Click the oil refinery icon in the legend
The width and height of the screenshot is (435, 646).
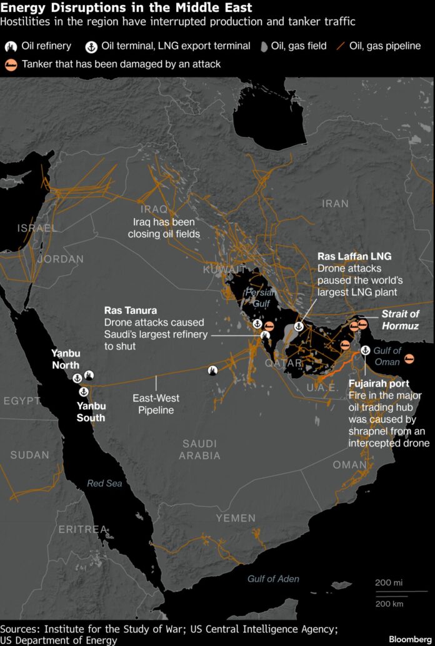pyautogui.click(x=11, y=46)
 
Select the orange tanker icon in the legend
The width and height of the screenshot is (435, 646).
pyautogui.click(x=11, y=64)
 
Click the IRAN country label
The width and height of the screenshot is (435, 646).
pyautogui.click(x=335, y=203)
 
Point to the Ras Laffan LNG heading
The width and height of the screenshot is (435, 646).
pyautogui.click(x=354, y=256)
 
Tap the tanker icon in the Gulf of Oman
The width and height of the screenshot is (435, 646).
pyautogui.click(x=410, y=358)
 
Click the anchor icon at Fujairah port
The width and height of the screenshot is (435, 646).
pyautogui.click(x=366, y=350)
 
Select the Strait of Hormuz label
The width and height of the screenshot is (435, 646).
pyautogui.click(x=400, y=320)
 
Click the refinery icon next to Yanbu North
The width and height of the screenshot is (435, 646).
pyautogui.click(x=89, y=375)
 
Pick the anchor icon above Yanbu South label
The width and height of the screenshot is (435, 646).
pyautogui.click(x=83, y=391)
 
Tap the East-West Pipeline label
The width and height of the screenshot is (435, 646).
pyautogui.click(x=156, y=404)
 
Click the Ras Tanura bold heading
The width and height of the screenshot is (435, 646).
pyautogui.click(x=131, y=310)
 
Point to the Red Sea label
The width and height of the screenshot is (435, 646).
pyautogui.click(x=104, y=483)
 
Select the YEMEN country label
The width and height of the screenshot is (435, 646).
pyautogui.click(x=236, y=518)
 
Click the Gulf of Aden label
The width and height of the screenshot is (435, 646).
pyautogui.click(x=272, y=578)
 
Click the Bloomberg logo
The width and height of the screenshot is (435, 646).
pyautogui.click(x=409, y=639)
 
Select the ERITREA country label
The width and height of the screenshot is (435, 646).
pyautogui.click(x=82, y=529)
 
